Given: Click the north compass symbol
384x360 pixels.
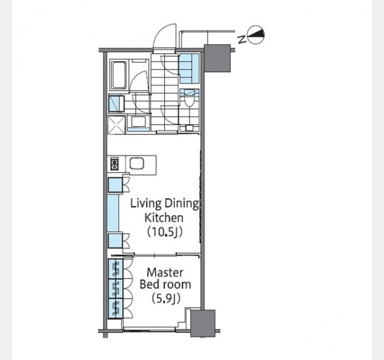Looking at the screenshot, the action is (256, 35).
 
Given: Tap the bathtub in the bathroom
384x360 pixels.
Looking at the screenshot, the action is (119, 74).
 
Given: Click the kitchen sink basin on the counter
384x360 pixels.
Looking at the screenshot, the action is (135, 163).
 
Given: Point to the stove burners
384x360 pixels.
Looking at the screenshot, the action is (115, 163).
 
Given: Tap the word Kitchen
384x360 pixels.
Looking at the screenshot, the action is (164, 217).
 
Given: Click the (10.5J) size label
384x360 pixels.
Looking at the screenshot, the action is (164, 232).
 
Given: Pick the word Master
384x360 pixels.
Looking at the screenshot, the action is (165, 272).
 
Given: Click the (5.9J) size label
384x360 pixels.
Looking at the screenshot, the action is (166, 299).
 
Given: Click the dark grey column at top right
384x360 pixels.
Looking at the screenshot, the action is (217, 58).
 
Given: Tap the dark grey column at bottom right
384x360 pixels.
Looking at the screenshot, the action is (203, 323).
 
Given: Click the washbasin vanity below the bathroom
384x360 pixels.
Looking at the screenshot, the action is (139, 124).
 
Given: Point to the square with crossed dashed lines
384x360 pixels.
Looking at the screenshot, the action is (116, 125).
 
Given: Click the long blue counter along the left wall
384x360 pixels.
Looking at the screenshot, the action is (113, 213).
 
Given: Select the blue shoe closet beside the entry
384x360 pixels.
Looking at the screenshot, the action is (190, 68).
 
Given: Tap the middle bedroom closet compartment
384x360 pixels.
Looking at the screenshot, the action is (116, 289).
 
